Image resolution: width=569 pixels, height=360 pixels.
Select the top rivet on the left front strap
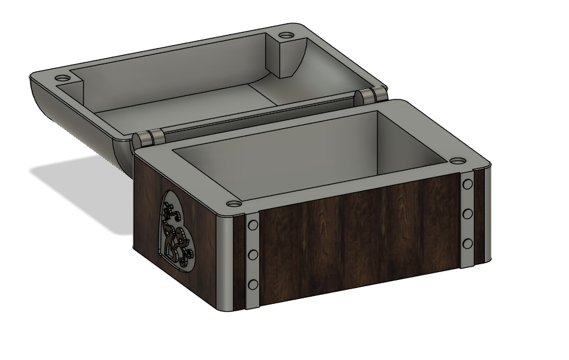tap(252, 227)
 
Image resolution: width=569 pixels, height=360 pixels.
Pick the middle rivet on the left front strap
tap(253, 254)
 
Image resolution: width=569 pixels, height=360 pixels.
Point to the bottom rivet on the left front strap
tap(253, 284)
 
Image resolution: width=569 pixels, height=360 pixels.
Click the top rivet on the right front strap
tap(468, 184)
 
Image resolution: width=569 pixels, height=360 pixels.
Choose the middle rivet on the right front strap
tap(468, 214)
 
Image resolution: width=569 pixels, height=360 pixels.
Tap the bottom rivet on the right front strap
tap(468, 243)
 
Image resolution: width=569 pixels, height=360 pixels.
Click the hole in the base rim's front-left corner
tap(234, 203)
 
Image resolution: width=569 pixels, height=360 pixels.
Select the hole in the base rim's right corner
tap(458, 162)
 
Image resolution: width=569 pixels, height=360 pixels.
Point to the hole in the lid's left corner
tap(62, 79)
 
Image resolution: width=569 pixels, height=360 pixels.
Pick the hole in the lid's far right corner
tap(287, 34)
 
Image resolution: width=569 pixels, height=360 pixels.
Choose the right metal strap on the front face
tap(468, 220)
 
